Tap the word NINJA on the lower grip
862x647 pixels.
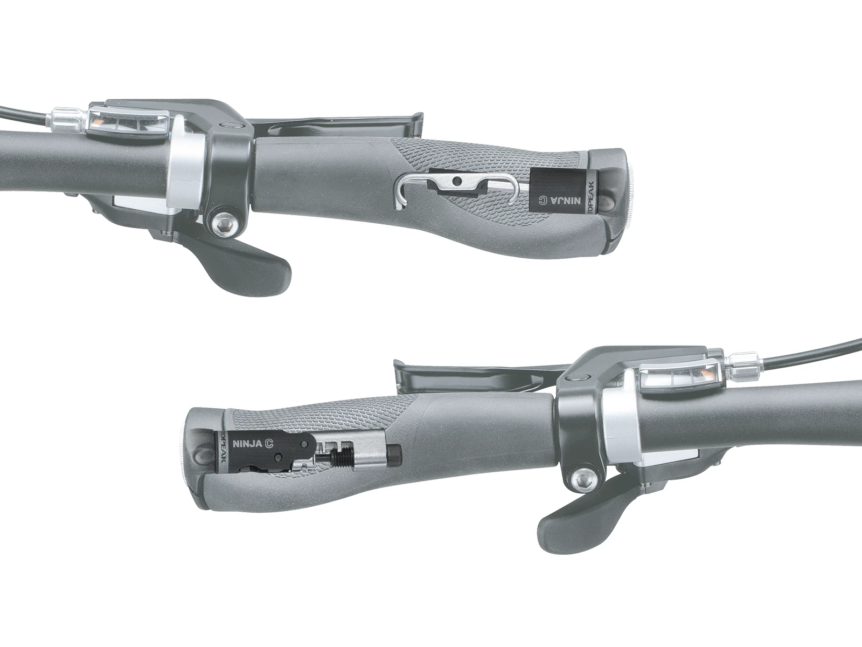click(248, 445)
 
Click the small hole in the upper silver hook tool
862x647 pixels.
click(457, 181)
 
